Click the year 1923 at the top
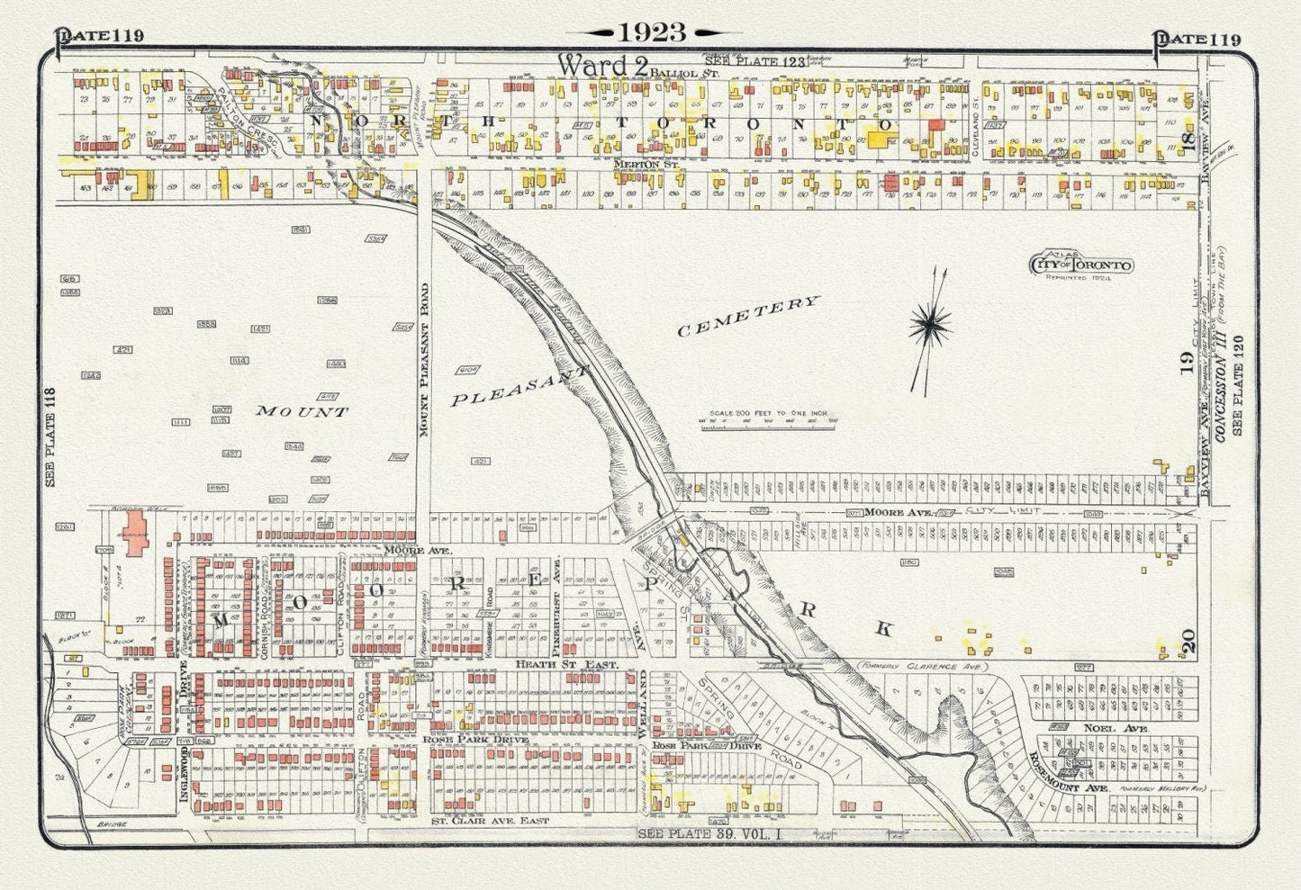[652, 32]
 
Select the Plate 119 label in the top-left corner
[100, 36]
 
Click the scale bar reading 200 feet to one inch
[768, 416]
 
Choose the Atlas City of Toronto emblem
[1080, 265]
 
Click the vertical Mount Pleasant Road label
[423, 360]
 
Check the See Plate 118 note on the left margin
[50, 436]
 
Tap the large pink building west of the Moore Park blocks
[136, 532]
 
